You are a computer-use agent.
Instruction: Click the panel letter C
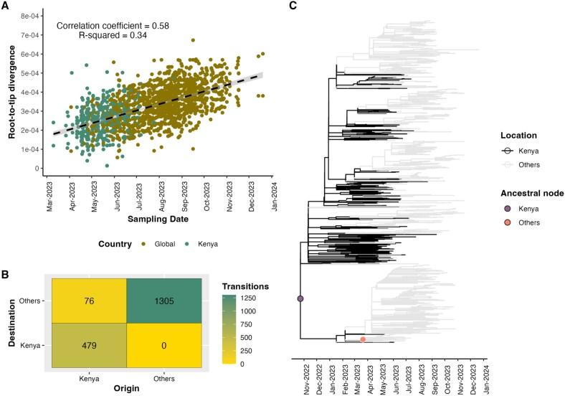(x=292, y=6)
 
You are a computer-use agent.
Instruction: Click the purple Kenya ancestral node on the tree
(x=300, y=298)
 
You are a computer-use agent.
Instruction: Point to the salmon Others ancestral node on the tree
(x=364, y=339)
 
